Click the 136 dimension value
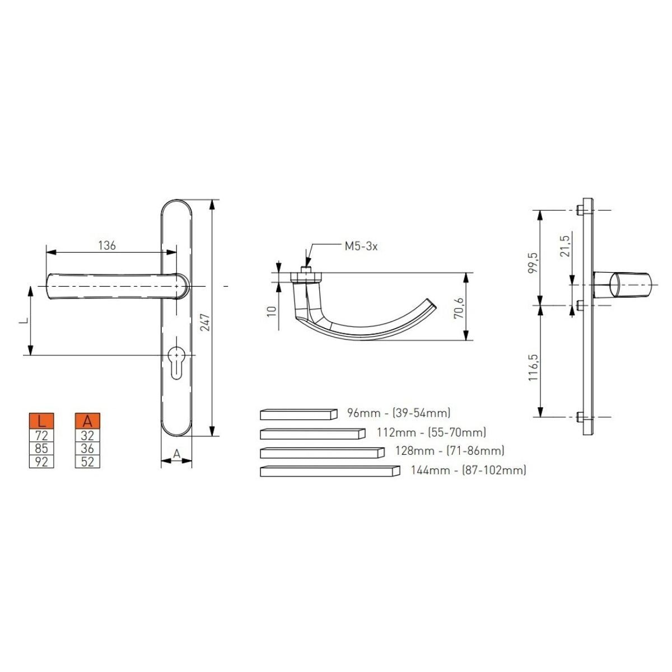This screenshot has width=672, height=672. tap(106, 245)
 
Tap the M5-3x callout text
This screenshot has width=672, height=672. tap(361, 246)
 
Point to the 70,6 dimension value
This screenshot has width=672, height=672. tap(459, 307)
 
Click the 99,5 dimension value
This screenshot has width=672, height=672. tap(533, 262)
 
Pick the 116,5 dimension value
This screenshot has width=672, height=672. tap(533, 367)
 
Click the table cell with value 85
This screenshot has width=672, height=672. tap(41, 448)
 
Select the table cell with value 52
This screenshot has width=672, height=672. tap(87, 461)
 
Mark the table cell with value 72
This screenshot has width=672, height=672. tap(41, 435)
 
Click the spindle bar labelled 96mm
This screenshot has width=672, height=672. tap(298, 414)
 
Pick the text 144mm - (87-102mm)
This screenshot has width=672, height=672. tap(468, 470)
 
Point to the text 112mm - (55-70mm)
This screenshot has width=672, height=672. tap(431, 432)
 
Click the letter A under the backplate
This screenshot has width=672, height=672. tap(176, 454)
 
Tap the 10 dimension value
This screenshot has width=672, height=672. tap(272, 311)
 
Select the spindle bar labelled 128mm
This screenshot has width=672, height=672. tap(323, 452)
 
